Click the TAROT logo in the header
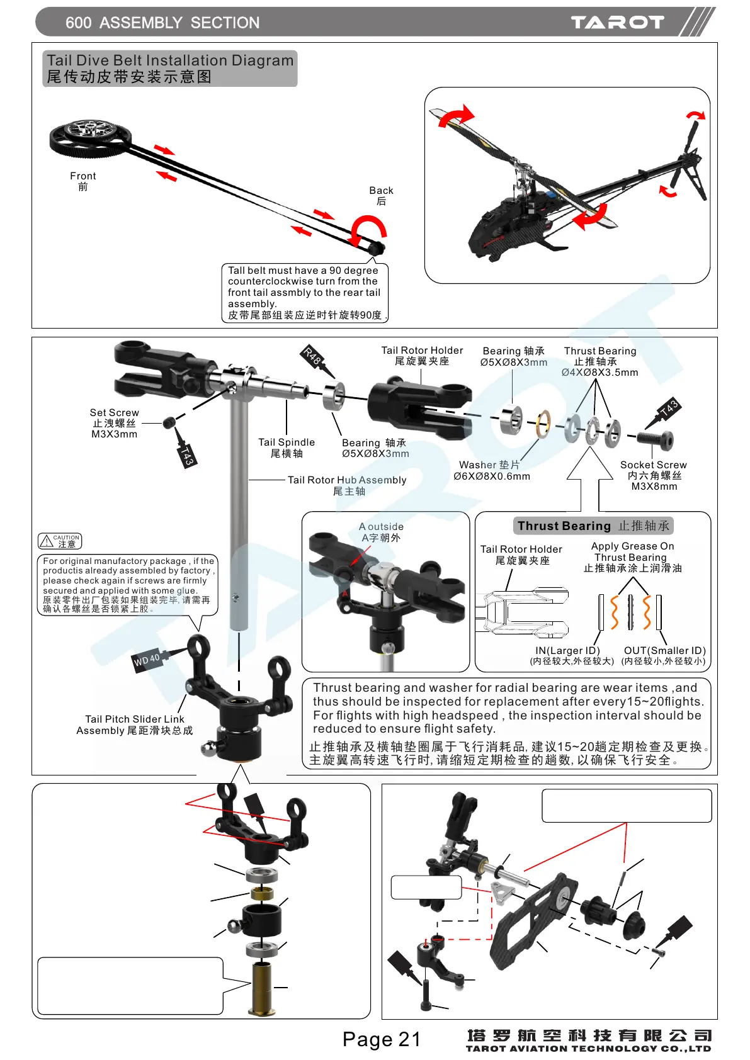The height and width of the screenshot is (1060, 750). tap(617, 23)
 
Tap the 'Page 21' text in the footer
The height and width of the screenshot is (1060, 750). tap(382, 1039)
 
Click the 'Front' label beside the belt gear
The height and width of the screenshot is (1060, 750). tap(83, 176)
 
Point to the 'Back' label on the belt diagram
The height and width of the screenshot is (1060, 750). tap(381, 191)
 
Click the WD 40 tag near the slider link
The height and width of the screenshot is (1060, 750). tap(147, 660)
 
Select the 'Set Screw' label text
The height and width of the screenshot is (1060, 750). tap(114, 413)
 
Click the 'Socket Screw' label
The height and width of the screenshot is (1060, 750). tap(653, 465)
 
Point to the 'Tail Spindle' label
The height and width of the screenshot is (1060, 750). tap(287, 443)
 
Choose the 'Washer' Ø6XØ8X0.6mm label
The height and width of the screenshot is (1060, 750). tap(491, 470)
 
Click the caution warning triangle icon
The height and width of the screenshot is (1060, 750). tap(47, 541)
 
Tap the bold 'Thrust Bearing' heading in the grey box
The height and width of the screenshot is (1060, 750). tap(564, 526)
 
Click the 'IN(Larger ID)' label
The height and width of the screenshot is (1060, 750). tap(567, 651)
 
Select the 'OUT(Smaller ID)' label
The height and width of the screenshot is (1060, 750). tap(664, 651)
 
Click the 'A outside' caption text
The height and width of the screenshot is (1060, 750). tap(381, 527)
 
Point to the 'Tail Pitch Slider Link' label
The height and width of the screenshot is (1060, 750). tap(135, 719)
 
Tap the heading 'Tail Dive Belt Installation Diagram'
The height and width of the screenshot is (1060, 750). tap(170, 61)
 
